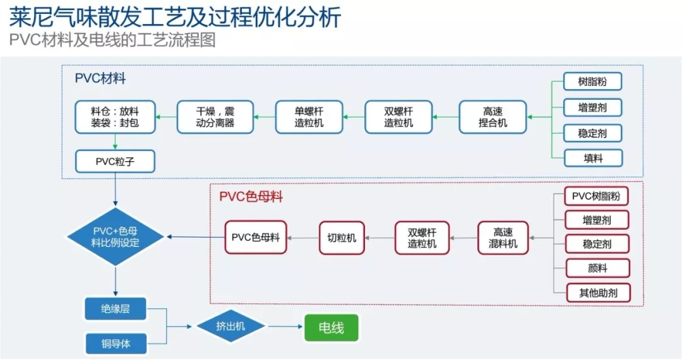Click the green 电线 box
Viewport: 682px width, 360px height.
pos(331,328)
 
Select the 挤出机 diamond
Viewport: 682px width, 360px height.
pos(230,327)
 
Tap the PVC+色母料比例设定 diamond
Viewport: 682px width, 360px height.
pos(116,237)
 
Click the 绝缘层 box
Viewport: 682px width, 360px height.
pos(116,309)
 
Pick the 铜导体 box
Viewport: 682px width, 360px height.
pos(116,344)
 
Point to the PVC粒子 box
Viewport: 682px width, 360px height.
pos(115,161)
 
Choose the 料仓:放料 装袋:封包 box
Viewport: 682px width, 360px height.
pos(115,117)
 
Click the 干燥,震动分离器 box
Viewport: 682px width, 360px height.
pos(215,117)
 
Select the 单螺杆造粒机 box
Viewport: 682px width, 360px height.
pos(309,117)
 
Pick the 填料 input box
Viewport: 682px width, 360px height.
pos(593,158)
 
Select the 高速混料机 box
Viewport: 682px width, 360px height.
pos(503,237)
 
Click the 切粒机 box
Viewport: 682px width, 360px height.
pos(342,237)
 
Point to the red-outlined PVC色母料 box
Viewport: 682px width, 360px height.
pos(256,237)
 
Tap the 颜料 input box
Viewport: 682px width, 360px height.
pos(597,268)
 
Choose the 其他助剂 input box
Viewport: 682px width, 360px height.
pos(597,292)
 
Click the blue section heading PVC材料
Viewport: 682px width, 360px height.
pos(100,79)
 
